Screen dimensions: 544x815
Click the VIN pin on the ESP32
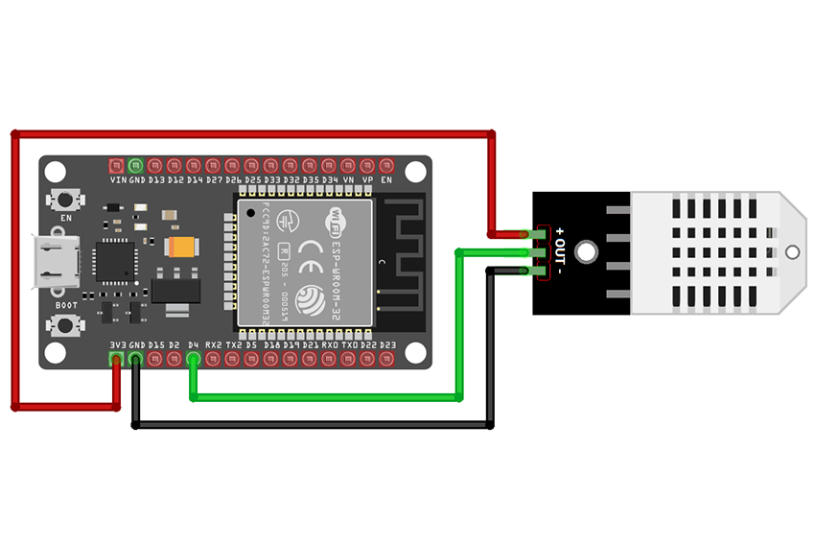click(x=117, y=165)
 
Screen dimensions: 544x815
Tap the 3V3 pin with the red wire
click(x=116, y=359)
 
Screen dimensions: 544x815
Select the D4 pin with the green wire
click(x=194, y=359)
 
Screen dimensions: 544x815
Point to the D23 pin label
click(x=387, y=344)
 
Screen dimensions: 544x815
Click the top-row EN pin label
click(x=386, y=179)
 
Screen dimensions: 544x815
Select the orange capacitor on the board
click(x=181, y=247)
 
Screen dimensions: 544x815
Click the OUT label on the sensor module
click(x=562, y=252)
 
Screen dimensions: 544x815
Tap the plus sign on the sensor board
click(x=561, y=229)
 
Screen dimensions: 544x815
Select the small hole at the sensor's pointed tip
click(x=791, y=252)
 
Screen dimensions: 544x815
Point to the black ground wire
click(x=316, y=423)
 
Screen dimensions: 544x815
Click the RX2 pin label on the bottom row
click(x=213, y=344)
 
